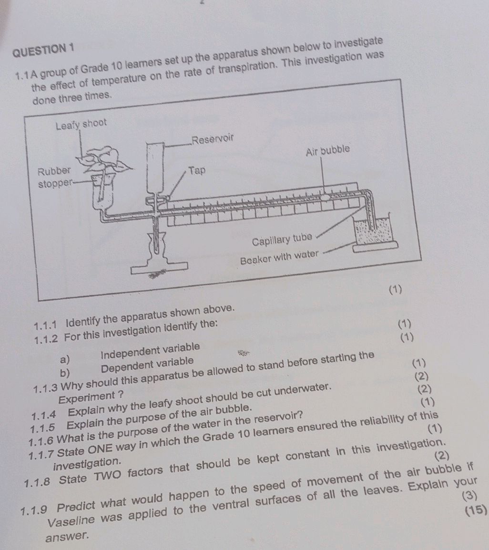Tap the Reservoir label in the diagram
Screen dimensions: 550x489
[x=213, y=139]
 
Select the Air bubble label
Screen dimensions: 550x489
[x=329, y=152]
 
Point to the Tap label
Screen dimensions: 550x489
[x=197, y=170]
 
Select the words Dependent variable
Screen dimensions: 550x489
[x=148, y=364]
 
